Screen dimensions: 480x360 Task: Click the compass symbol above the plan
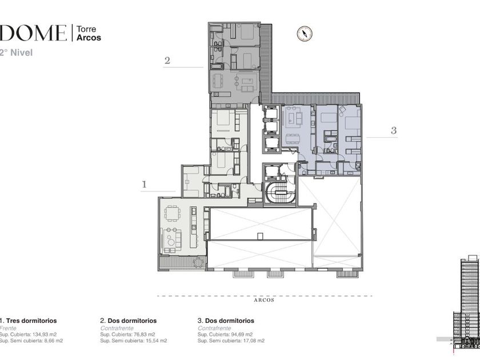click(x=305, y=33)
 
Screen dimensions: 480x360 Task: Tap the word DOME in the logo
click(x=33, y=33)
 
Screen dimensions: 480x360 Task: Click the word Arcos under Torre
click(x=89, y=38)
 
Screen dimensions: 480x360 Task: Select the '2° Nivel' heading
click(x=16, y=53)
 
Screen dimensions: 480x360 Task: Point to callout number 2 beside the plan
click(x=167, y=61)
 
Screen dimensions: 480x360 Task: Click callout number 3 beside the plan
click(x=394, y=130)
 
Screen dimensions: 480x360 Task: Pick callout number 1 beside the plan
click(x=144, y=184)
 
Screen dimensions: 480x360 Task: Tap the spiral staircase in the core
click(x=280, y=193)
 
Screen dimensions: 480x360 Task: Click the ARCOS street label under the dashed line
click(x=264, y=301)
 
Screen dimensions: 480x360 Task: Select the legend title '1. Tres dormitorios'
click(x=28, y=321)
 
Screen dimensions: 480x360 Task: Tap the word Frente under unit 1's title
click(x=8, y=328)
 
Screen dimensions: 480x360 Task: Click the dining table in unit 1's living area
click(x=173, y=213)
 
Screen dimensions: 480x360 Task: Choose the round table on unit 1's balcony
click(x=199, y=263)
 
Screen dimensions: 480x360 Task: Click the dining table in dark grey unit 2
click(x=218, y=81)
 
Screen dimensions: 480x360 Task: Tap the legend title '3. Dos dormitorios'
click(x=226, y=321)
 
